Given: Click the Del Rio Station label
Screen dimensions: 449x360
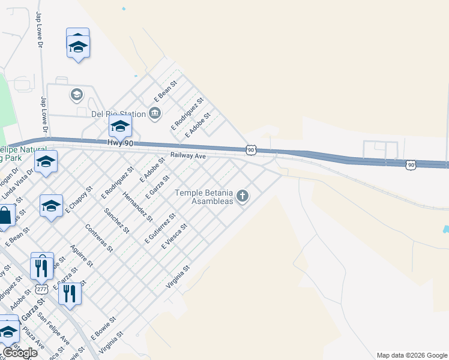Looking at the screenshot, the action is (118, 114).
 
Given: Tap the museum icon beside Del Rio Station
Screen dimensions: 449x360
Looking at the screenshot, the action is (155, 113).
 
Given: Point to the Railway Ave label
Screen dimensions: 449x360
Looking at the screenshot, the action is (188, 155).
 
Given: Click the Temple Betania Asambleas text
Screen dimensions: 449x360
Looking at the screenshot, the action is (203, 197).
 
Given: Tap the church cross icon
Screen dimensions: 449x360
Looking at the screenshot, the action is (243, 196).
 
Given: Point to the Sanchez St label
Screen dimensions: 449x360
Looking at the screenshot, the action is (116, 220).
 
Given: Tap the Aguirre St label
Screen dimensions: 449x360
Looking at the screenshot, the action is (81, 256).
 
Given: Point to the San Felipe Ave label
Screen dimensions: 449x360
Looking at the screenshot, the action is (49, 326).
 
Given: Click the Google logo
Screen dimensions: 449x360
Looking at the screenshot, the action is (20, 352).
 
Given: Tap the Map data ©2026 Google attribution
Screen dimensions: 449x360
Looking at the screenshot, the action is (411, 355).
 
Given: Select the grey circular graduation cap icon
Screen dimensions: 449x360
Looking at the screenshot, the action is (77, 95).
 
